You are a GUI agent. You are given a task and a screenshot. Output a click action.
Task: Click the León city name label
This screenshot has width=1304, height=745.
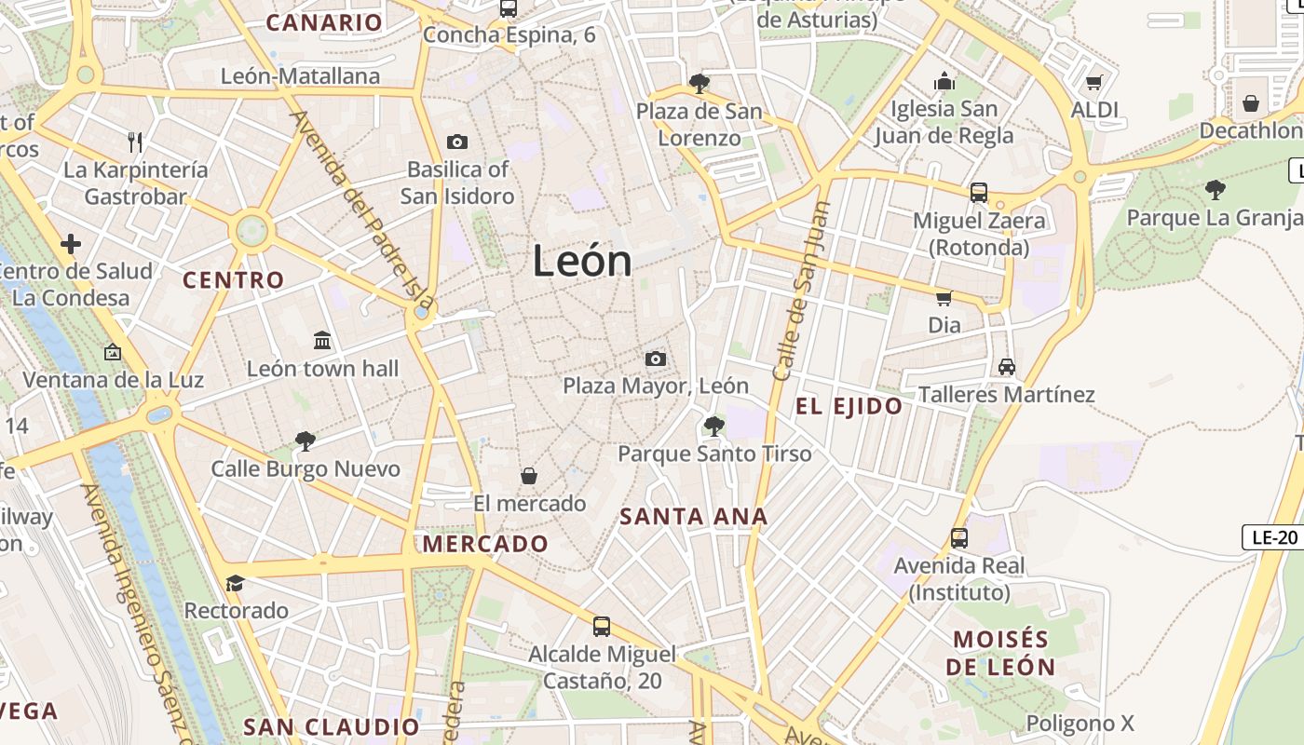tap(582, 261)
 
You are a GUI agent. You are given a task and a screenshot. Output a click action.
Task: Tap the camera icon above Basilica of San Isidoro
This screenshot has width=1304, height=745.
tap(456, 142)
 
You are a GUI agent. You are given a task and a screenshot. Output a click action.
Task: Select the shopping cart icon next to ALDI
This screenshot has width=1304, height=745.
tap(1094, 82)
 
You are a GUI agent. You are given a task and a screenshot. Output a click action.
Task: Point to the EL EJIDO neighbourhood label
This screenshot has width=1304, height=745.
tap(849, 406)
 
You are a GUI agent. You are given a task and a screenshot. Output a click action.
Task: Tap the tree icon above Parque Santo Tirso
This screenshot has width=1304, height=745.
tap(714, 427)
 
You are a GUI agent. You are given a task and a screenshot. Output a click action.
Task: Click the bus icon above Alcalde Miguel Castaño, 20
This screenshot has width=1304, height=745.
tap(602, 626)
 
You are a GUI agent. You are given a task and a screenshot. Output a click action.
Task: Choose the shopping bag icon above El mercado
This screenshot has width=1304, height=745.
tap(528, 476)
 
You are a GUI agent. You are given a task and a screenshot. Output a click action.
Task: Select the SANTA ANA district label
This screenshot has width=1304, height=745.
tap(694, 516)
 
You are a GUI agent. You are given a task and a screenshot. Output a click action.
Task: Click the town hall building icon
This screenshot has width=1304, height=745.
tap(322, 341)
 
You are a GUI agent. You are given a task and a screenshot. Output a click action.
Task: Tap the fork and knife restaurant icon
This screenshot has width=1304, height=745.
tap(135, 142)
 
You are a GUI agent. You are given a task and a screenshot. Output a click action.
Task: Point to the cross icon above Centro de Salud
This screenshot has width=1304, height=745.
tap(71, 245)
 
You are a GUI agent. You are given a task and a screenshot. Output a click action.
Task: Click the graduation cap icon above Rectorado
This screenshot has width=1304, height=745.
tap(235, 583)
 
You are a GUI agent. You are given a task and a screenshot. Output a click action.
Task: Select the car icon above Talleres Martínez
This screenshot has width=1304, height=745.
tap(1006, 366)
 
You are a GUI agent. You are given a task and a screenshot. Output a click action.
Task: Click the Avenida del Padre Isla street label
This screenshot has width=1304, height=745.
tap(362, 210)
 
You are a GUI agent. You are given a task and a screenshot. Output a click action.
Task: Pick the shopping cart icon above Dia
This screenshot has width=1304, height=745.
tap(944, 298)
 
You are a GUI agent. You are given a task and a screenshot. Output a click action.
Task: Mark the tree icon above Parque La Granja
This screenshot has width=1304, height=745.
tap(1215, 190)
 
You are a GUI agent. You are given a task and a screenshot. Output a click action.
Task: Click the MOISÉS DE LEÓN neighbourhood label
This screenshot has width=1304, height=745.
tap(1000, 653)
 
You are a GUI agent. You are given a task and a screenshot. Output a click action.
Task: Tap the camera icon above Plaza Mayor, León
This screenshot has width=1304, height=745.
tap(656, 359)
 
